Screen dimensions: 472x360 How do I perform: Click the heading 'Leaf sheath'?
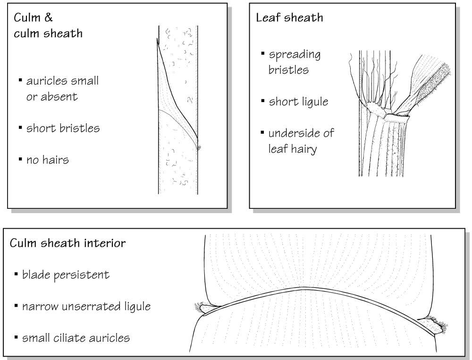pyautogui.click(x=289, y=18)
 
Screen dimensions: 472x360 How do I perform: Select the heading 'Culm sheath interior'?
pyautogui.click(x=67, y=243)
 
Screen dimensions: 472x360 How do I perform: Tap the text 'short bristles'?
pyautogui.click(x=63, y=129)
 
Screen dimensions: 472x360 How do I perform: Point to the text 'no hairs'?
pyautogui.click(x=48, y=160)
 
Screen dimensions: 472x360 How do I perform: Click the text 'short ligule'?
pyautogui.click(x=298, y=102)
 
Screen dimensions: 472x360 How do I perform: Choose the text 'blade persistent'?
pyautogui.click(x=66, y=275)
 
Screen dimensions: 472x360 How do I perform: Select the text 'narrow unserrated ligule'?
pyautogui.click(x=86, y=306)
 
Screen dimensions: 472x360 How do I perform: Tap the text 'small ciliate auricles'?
pyautogui.click(x=76, y=338)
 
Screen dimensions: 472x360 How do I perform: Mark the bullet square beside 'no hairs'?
pyautogui.click(x=20, y=159)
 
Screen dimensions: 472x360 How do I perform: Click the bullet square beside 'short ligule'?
pyautogui.click(x=263, y=101)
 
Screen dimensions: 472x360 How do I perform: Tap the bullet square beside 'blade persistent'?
pyautogui.click(x=16, y=274)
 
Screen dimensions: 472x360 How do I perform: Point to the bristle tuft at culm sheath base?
pyautogui.click(x=199, y=147)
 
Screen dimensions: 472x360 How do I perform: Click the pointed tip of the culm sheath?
pyautogui.click(x=157, y=39)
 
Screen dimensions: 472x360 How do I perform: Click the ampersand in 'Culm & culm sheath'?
pyautogui.click(x=48, y=17)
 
